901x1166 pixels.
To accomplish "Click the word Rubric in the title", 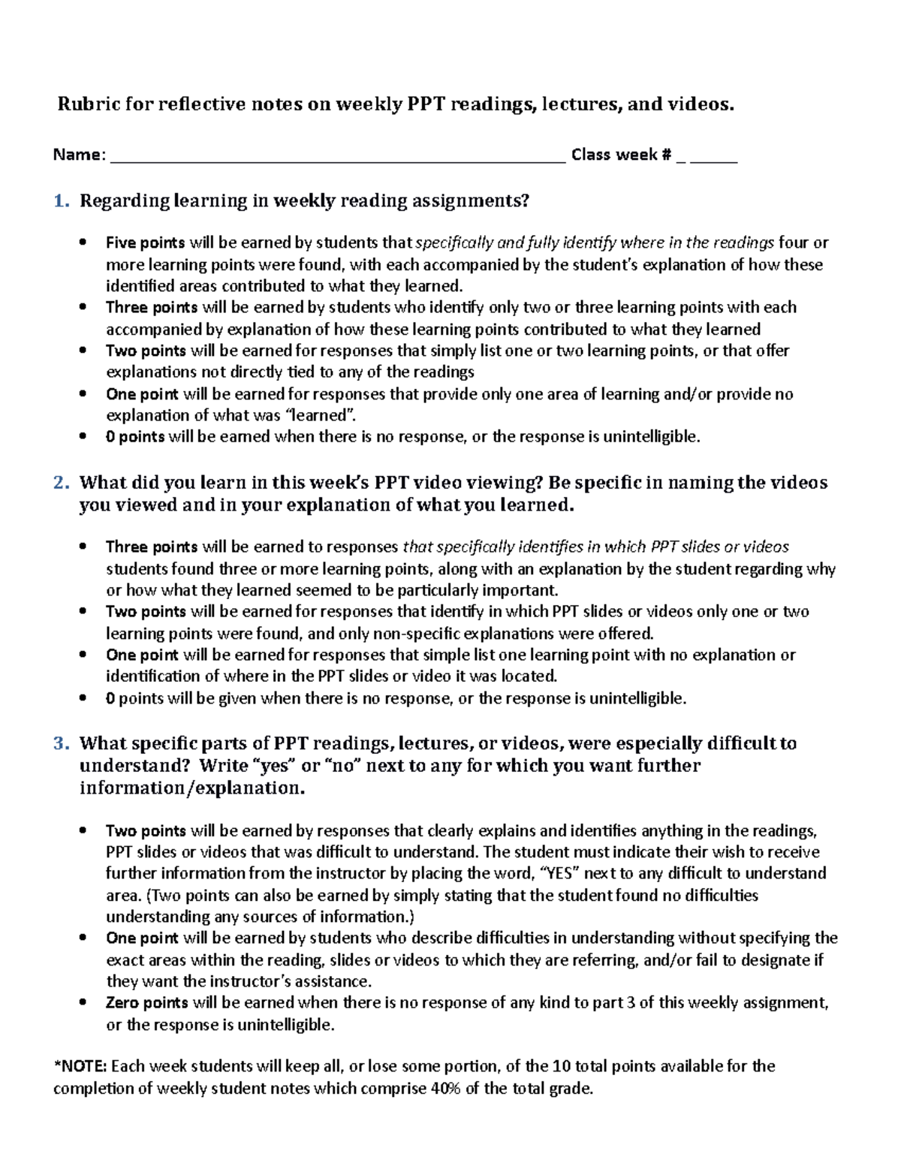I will pyautogui.click(x=89, y=104).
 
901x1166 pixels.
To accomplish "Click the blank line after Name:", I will pyautogui.click(x=337, y=156).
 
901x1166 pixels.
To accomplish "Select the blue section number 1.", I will pyautogui.click(x=60, y=200).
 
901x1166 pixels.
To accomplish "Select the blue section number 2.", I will pyautogui.click(x=60, y=483).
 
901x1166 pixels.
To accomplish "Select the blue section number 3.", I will pyautogui.click(x=60, y=743).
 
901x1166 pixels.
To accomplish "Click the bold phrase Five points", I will pyautogui.click(x=145, y=243).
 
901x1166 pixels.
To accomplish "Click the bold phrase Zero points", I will pyautogui.click(x=147, y=1003).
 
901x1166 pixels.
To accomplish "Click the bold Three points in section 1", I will pyautogui.click(x=151, y=307).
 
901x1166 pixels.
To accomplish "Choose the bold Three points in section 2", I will pyautogui.click(x=151, y=547).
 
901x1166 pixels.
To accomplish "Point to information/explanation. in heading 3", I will pyautogui.click(x=192, y=788).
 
